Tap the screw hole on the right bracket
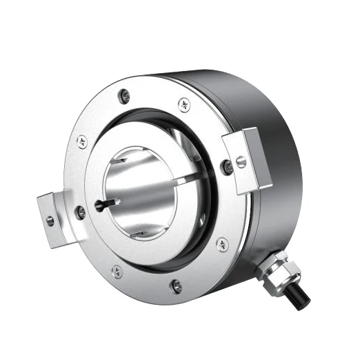241,162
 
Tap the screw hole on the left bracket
50,221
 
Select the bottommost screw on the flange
176,284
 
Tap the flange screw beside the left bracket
81,212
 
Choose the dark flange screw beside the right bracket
227,166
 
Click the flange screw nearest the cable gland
222,243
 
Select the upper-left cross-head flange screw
82,143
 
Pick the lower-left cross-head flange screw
117,271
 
